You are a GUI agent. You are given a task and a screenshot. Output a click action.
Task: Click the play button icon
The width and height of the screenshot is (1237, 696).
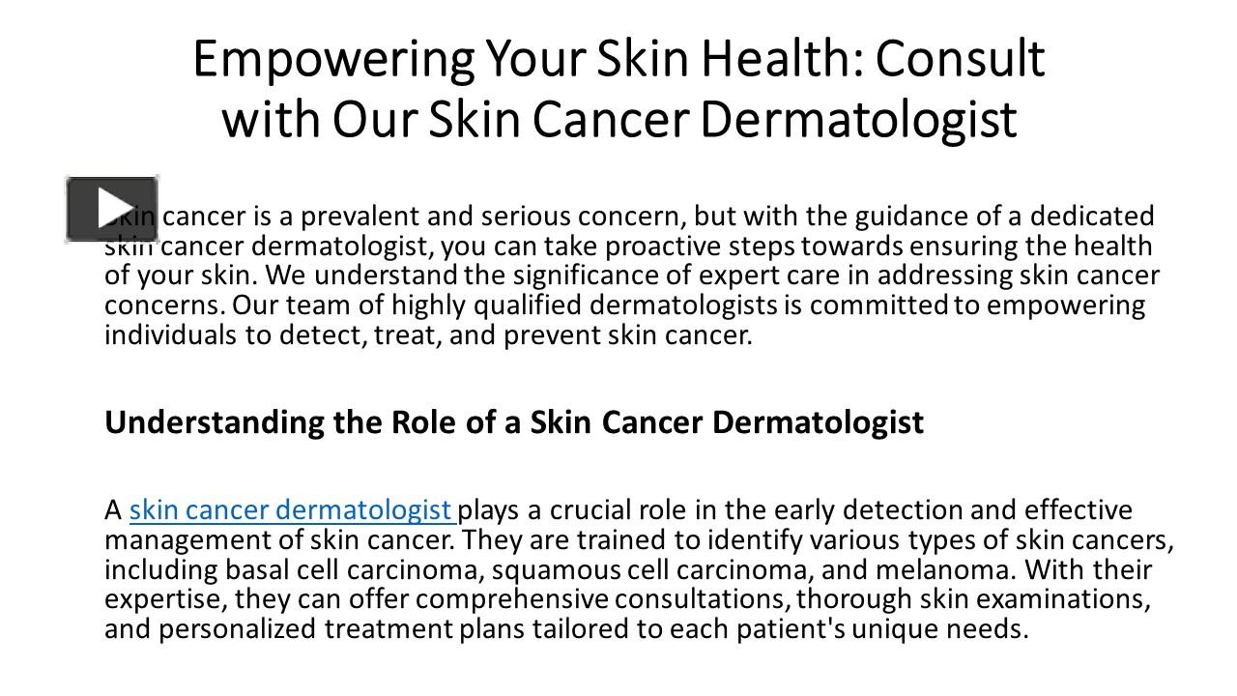[112, 208]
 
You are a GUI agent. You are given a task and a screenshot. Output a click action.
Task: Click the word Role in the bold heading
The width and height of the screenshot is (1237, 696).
[422, 422]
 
